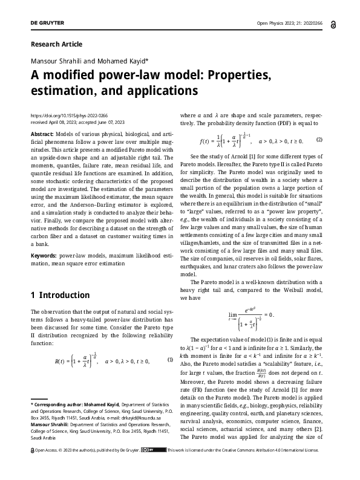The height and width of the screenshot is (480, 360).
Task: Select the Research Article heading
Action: tap(56, 44)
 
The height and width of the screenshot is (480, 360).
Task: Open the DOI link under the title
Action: tap(68, 115)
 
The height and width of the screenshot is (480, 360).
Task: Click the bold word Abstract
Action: tap(42, 132)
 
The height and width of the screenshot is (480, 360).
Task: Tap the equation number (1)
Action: tap(170, 360)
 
